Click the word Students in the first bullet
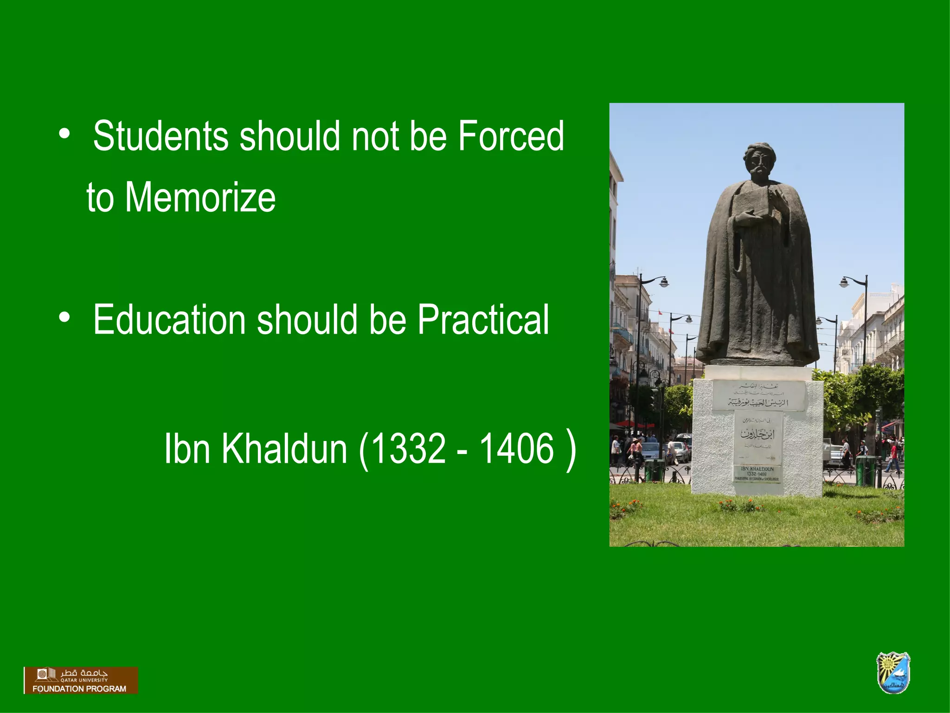160,136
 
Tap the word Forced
511,136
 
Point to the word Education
169,319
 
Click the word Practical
483,319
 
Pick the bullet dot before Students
64,134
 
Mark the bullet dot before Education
64,318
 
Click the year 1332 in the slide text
408,448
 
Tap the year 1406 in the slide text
516,448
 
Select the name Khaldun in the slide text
284,448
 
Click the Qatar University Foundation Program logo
81,681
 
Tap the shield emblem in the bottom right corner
893,673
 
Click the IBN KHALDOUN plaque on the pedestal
757,474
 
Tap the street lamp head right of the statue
843,282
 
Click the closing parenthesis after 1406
571,449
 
